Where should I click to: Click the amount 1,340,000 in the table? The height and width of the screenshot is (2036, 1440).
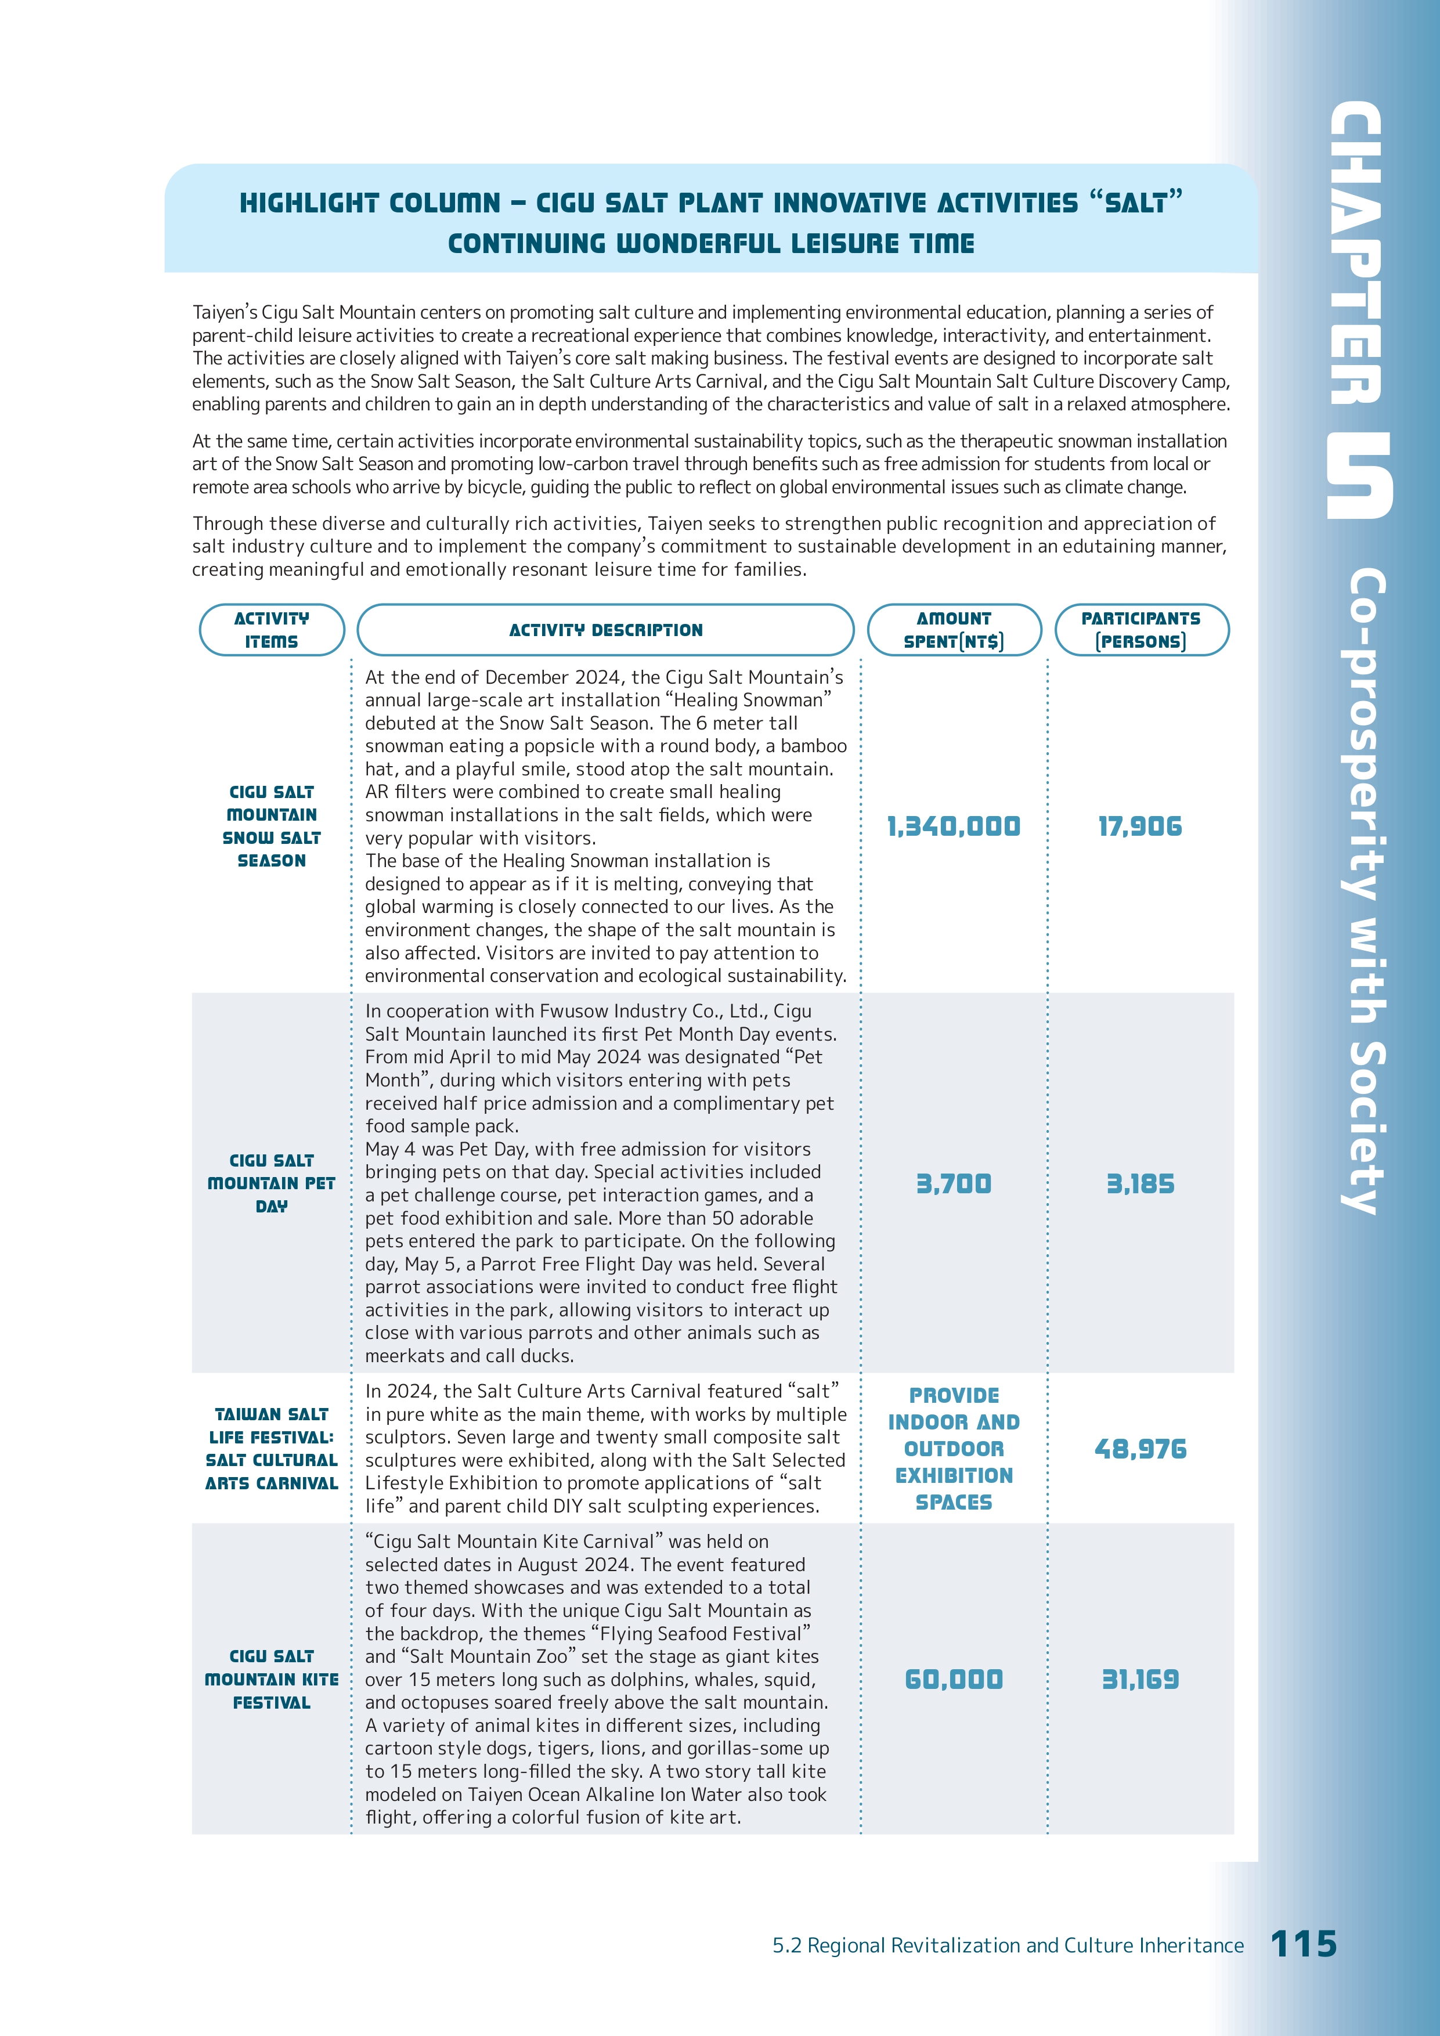(953, 826)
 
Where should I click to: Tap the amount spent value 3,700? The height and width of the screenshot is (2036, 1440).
(953, 1184)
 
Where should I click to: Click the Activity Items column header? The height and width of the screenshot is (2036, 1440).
(271, 630)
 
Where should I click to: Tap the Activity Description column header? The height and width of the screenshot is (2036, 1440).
(605, 630)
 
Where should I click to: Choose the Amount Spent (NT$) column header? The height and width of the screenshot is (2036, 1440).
(953, 630)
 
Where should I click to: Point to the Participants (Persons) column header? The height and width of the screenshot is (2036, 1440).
(1141, 630)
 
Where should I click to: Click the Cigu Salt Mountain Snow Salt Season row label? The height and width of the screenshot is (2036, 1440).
(271, 825)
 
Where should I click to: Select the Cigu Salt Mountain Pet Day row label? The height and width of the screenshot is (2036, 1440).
(271, 1183)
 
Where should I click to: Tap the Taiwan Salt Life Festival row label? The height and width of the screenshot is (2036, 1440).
(271, 1448)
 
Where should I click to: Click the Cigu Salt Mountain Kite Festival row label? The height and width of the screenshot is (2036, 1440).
(271, 1678)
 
